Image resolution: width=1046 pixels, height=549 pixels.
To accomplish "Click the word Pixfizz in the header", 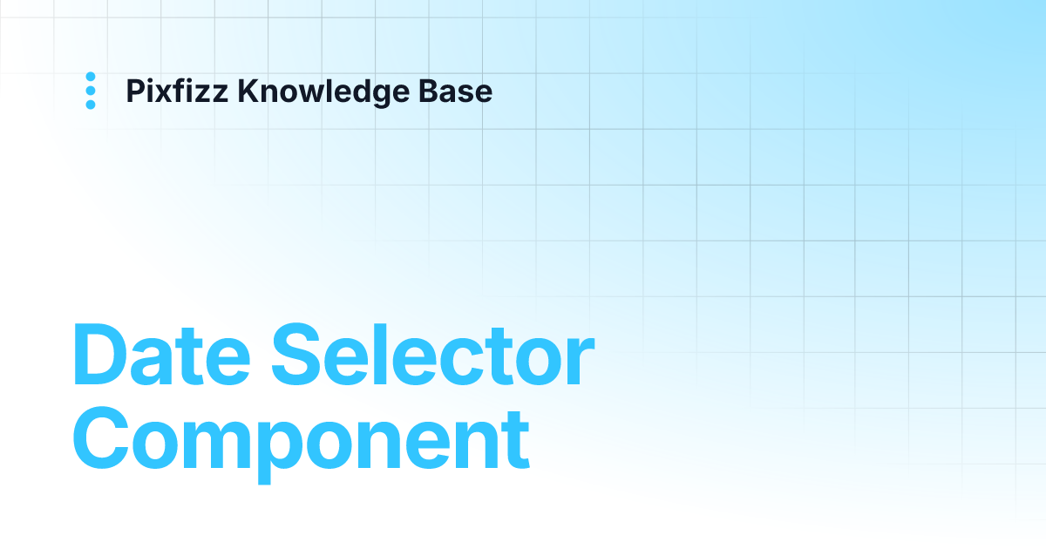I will point(178,91).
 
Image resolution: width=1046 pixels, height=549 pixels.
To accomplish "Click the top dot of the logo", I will point(91,77).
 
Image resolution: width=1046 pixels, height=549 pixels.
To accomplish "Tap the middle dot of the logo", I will point(91,91).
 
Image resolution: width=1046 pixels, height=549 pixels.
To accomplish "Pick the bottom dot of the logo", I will point(91,105).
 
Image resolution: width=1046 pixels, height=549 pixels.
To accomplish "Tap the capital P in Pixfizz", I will point(135,91).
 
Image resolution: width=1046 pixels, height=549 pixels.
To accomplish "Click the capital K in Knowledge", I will point(247,91).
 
